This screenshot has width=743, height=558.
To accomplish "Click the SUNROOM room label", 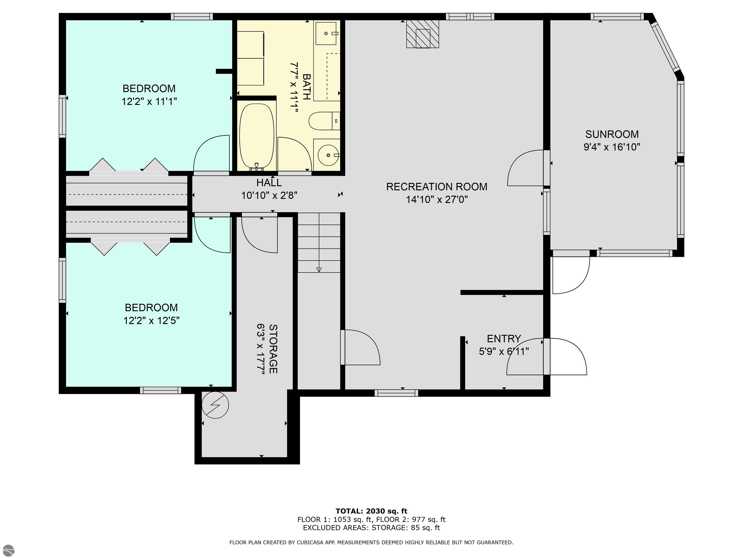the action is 612,134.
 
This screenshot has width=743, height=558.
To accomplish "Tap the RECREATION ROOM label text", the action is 437,187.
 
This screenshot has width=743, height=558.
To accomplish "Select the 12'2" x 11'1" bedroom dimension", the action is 149,101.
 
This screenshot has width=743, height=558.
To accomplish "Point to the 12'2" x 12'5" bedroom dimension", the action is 151,321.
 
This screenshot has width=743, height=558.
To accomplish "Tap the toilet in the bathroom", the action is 324,121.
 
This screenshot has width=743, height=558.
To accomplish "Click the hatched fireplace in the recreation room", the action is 423,34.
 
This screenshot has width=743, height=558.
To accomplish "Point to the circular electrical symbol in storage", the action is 215,405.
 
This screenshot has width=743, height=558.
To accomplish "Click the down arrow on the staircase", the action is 319,269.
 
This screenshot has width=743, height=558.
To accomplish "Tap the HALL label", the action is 269,183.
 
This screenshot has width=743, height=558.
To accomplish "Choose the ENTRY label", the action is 504,338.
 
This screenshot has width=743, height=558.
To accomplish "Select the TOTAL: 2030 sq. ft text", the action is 371,511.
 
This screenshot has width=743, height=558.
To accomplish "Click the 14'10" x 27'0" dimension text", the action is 437,200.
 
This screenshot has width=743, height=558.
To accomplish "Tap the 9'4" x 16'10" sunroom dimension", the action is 612,147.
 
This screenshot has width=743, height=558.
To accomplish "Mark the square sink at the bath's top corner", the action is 326,33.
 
